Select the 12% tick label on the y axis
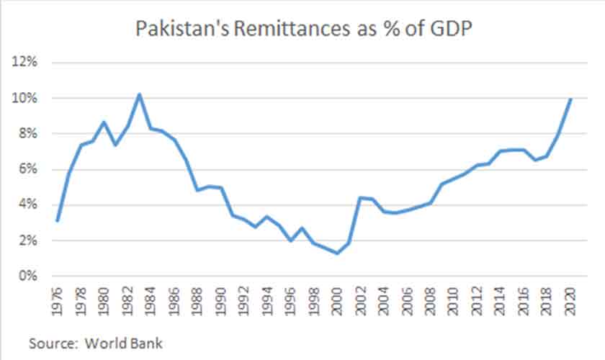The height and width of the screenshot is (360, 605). click(x=26, y=62)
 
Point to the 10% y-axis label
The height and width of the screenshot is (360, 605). click(x=26, y=98)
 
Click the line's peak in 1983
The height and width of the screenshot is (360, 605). click(x=139, y=94)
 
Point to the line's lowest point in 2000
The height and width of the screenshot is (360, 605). click(x=336, y=253)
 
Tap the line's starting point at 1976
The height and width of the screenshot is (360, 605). click(x=57, y=221)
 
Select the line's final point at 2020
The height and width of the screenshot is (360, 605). click(x=570, y=99)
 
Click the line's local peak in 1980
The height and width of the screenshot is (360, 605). click(x=104, y=122)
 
